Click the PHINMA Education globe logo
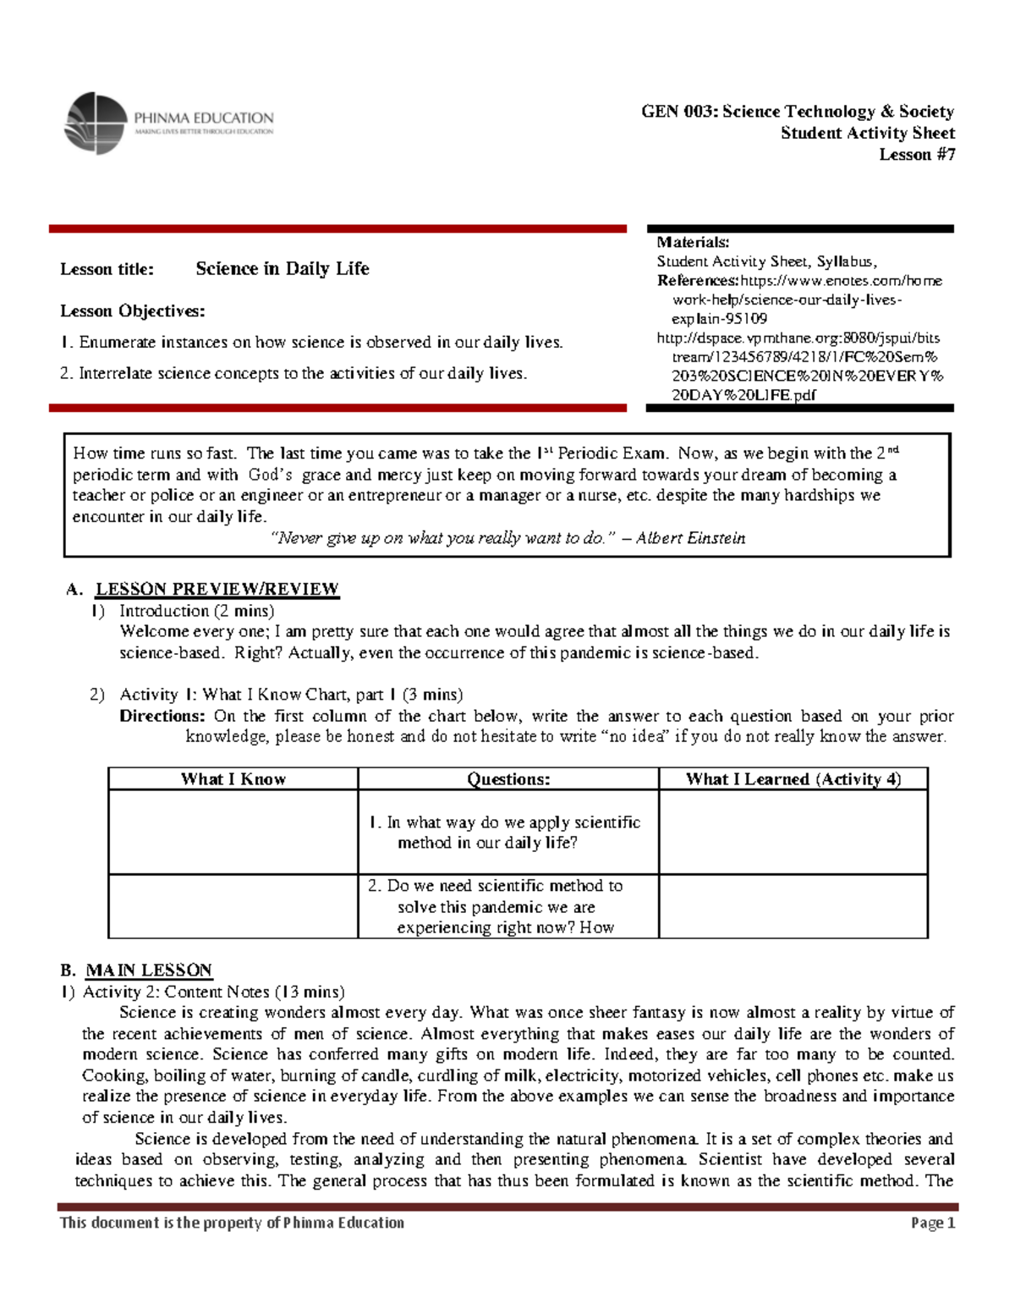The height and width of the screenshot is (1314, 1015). point(96,124)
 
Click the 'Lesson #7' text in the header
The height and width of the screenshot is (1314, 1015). point(917,154)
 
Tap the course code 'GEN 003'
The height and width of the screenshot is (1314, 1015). point(678,112)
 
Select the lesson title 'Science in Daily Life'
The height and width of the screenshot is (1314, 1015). point(282,269)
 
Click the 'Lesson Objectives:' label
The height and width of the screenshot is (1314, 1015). point(132,311)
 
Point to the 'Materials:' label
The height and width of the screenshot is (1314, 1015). point(693,242)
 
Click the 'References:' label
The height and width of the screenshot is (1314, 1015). point(698,281)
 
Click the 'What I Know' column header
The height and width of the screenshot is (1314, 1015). point(233,779)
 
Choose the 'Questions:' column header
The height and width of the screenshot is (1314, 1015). point(508,779)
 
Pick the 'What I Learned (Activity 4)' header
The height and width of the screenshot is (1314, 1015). point(793,779)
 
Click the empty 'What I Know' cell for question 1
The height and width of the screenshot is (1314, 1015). point(233,832)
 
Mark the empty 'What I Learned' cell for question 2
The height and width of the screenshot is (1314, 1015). point(793,906)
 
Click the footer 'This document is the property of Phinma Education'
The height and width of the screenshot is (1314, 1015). point(232,1223)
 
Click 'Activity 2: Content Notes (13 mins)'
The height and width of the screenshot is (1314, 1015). point(213,992)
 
